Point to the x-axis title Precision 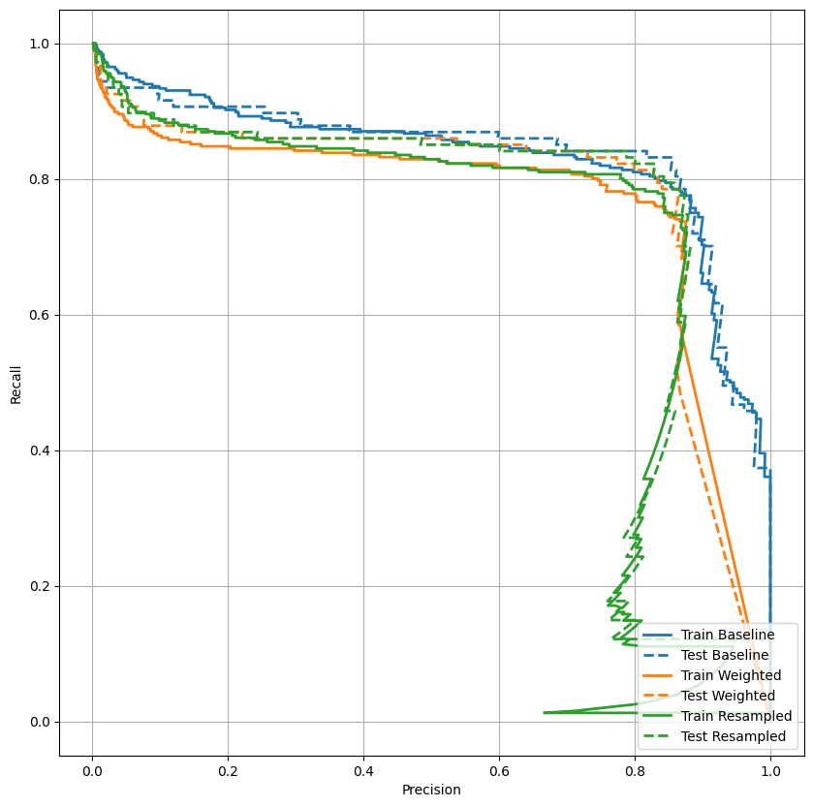point(431,790)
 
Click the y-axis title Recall point(16,383)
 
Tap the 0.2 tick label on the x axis point(228,771)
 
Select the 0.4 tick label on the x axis point(363,771)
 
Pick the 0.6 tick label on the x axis point(499,771)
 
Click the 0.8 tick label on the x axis point(635,771)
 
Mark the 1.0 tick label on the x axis point(770,771)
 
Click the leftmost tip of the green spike point(545,713)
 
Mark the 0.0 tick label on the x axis point(92,771)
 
